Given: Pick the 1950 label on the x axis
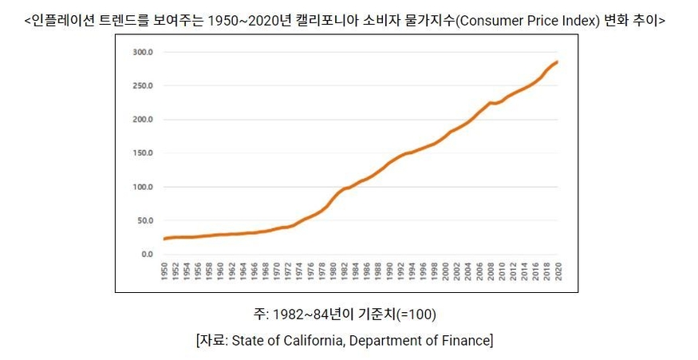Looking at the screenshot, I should click(164, 271).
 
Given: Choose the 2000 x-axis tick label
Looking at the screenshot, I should click(444, 271).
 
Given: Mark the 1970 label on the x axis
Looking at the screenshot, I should click(277, 271).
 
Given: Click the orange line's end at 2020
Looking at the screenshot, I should click(556, 61).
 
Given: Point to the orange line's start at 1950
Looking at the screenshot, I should click(164, 239).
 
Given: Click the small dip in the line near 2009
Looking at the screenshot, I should click(495, 103).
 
